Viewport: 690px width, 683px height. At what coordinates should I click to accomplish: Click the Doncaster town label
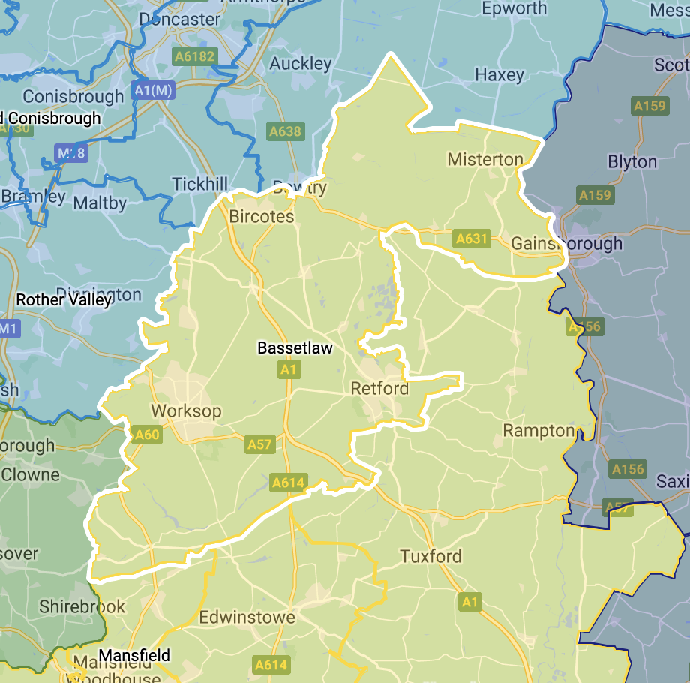180,19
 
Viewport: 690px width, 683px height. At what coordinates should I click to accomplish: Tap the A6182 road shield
193,56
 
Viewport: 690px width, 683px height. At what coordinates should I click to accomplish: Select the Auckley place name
300,64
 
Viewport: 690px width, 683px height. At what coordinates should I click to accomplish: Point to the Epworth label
514,9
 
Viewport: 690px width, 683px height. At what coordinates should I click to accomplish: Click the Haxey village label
499,75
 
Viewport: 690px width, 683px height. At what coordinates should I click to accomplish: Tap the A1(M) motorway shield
153,90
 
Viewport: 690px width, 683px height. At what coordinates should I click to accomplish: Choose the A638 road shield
285,131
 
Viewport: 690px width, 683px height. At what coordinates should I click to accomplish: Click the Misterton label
485,159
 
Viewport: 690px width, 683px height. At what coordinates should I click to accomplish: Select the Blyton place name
632,162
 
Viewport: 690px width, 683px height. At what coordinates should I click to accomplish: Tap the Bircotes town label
262,217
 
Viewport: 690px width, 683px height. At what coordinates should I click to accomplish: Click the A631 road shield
472,239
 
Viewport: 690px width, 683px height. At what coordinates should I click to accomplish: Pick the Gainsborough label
566,244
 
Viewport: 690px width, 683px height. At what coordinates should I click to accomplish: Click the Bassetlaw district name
295,348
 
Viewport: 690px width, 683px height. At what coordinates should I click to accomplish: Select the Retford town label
379,389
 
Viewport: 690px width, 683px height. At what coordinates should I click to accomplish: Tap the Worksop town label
186,411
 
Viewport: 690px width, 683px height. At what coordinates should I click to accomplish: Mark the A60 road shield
147,434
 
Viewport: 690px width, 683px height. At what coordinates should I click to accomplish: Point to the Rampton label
538,431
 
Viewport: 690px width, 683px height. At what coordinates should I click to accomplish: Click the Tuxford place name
430,557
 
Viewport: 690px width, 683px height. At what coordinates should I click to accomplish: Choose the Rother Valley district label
64,300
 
